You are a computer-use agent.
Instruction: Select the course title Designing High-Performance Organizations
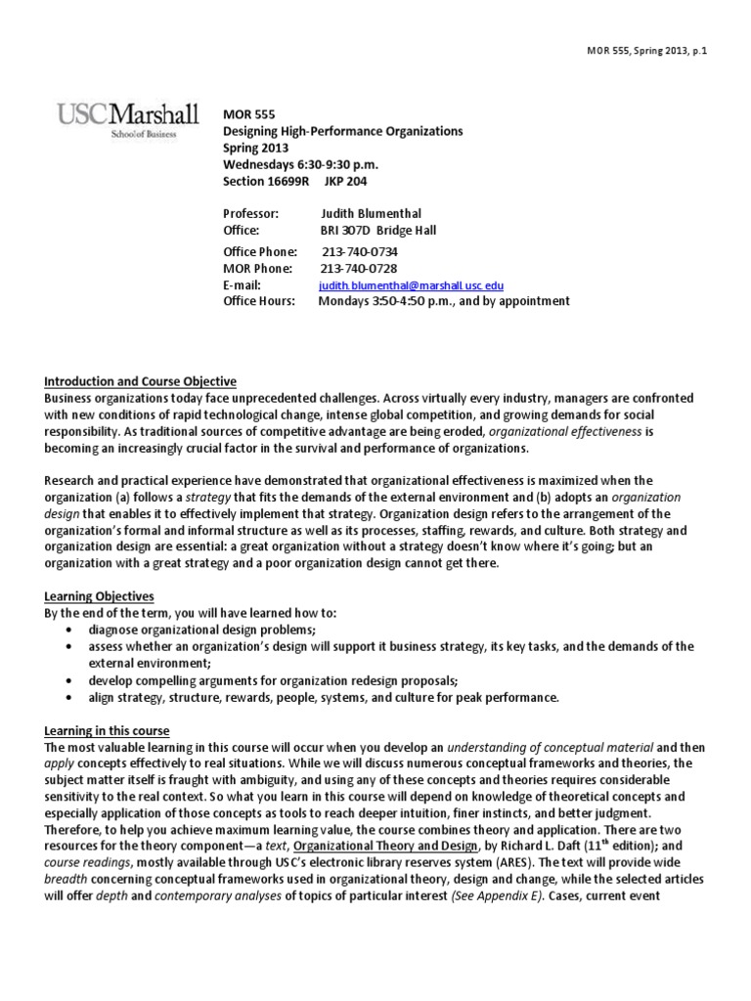(x=343, y=131)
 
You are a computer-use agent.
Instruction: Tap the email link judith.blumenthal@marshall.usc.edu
(x=412, y=284)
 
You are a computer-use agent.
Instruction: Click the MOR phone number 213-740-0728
(x=359, y=268)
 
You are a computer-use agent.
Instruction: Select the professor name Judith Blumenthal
(x=373, y=213)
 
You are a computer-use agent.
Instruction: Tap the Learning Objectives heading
(x=99, y=596)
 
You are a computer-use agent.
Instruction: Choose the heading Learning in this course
(x=107, y=730)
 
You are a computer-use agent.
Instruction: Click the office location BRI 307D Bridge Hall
(x=378, y=230)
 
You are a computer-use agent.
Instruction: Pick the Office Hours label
(x=259, y=301)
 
